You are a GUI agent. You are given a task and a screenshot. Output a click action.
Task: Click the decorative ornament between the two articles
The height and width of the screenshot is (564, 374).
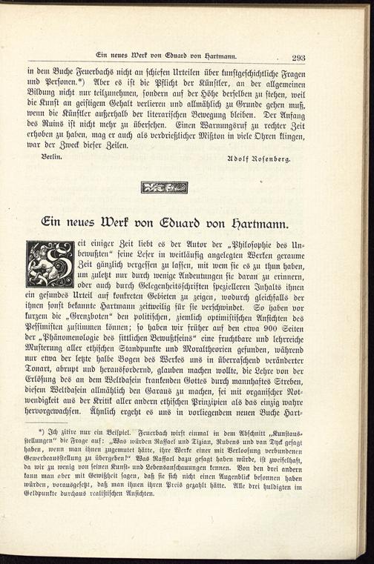164,188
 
